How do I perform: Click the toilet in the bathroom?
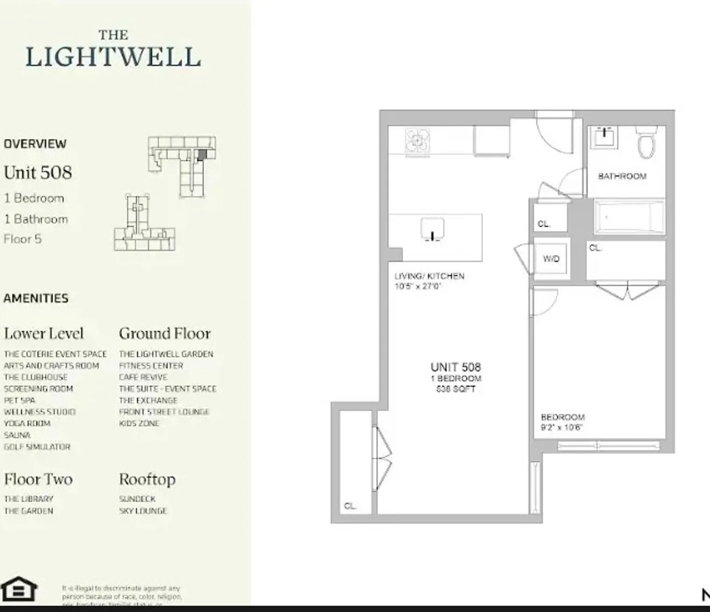[647, 143]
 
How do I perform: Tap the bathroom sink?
[606, 137]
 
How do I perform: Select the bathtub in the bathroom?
[629, 217]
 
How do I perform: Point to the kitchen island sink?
[433, 229]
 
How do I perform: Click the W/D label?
[551, 259]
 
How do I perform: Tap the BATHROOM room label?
[622, 176]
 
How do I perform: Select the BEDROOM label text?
[562, 417]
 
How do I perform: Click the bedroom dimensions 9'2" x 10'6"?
[561, 427]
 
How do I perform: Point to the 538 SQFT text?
[455, 389]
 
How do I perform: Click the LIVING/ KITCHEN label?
[429, 276]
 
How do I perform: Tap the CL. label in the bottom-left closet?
[350, 506]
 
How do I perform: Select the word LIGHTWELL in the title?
[113, 57]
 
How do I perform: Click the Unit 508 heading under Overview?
[38, 173]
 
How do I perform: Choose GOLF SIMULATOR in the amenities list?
[37, 447]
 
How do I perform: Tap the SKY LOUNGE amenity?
[142, 511]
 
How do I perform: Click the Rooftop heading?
[147, 479]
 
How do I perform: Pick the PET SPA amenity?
[19, 400]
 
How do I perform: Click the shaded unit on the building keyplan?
[201, 155]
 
